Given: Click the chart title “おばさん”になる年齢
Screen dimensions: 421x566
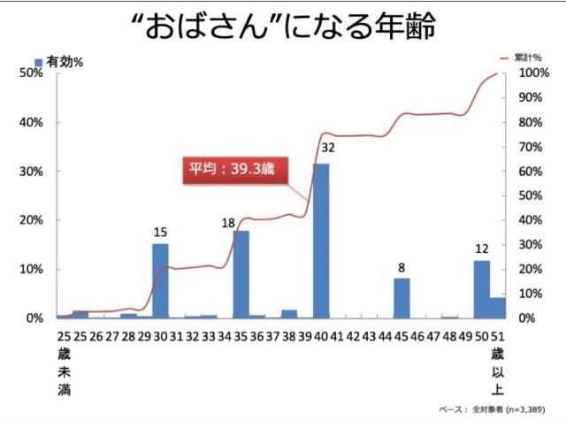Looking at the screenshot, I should click(x=282, y=28).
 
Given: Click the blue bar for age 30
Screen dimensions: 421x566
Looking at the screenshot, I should click(x=160, y=280).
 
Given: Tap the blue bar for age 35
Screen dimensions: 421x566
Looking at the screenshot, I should click(x=241, y=274).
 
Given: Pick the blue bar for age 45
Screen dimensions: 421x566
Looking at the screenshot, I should click(x=402, y=298).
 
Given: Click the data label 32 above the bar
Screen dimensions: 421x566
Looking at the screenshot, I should click(x=327, y=147).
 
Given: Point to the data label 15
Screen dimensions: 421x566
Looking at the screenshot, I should click(x=160, y=232).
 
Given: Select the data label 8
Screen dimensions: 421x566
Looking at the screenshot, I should click(x=402, y=266).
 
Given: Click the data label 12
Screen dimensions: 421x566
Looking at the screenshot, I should click(x=482, y=248).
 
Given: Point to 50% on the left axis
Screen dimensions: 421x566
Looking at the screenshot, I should click(x=32, y=73).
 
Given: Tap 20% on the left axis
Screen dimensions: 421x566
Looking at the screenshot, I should click(x=32, y=220).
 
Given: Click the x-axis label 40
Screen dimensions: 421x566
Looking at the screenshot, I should click(x=321, y=337).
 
